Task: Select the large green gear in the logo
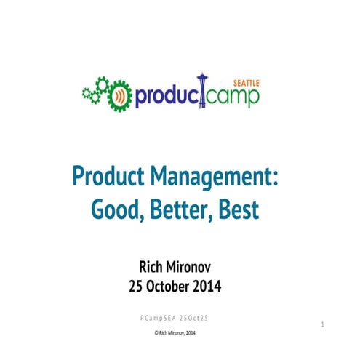pos(119,95)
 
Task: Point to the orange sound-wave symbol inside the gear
pos(119,95)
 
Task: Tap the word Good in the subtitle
pos(116,210)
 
